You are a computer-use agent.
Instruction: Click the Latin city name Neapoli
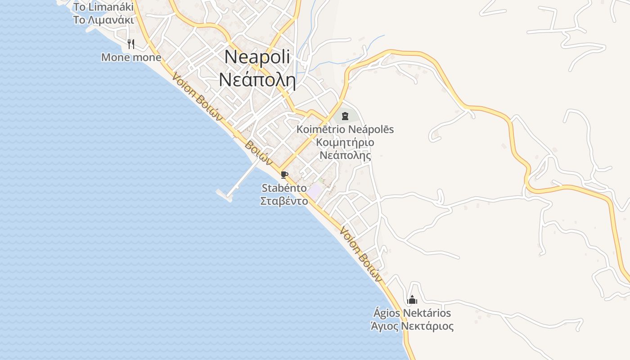[257, 57]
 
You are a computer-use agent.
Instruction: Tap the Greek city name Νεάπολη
[257, 80]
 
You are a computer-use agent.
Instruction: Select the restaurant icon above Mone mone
[131, 44]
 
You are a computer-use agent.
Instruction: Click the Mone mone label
[131, 57]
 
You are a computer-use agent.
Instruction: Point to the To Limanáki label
[103, 7]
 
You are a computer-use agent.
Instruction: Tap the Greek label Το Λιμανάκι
[103, 20]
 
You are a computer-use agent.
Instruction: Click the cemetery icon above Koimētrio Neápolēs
[345, 116]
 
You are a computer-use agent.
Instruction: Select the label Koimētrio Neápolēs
[345, 130]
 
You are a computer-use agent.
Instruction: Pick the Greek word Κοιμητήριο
[345, 143]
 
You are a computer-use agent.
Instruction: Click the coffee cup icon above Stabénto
[284, 175]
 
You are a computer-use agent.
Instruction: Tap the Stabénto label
[284, 188]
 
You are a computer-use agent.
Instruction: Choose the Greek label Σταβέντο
[284, 201]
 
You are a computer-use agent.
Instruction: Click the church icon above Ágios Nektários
[412, 299]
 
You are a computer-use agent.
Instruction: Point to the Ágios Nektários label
[412, 313]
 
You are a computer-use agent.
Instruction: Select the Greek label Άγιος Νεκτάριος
[412, 326]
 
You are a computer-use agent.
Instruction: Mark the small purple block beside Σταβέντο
[314, 190]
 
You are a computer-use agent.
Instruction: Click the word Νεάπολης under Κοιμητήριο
[345, 156]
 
